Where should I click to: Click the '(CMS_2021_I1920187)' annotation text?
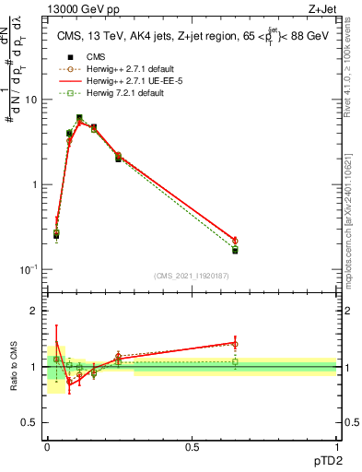point(192,276)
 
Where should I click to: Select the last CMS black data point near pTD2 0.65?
point(235,250)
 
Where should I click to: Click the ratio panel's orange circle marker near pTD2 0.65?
point(235,345)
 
